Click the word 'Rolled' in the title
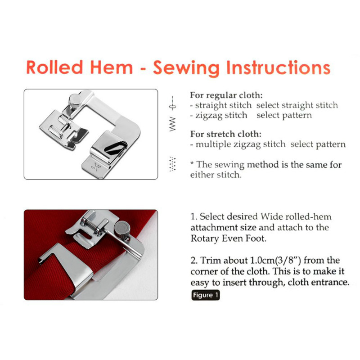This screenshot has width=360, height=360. coord(54,67)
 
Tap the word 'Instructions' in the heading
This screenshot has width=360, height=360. coord(278,67)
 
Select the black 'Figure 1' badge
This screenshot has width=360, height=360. coord(206,295)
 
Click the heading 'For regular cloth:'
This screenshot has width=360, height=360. coord(226,95)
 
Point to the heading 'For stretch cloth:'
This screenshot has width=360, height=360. coord(226,134)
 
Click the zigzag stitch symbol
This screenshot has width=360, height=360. coord(172,124)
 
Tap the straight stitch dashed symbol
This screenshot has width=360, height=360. coord(172,103)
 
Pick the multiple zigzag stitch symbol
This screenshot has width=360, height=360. coord(172,164)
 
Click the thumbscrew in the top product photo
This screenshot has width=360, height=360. coord(75,101)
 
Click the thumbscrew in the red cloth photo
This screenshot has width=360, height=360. coord(122,229)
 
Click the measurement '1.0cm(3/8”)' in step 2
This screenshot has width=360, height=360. coord(275,261)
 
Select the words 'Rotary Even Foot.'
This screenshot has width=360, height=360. coord(229,238)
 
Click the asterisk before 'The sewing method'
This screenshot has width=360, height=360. coord(192,163)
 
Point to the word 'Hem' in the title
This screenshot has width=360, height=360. coord(111,67)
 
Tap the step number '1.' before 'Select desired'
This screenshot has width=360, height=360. coord(194,216)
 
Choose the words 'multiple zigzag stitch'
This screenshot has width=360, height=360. coord(241,144)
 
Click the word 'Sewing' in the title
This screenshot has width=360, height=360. coord(186,68)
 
